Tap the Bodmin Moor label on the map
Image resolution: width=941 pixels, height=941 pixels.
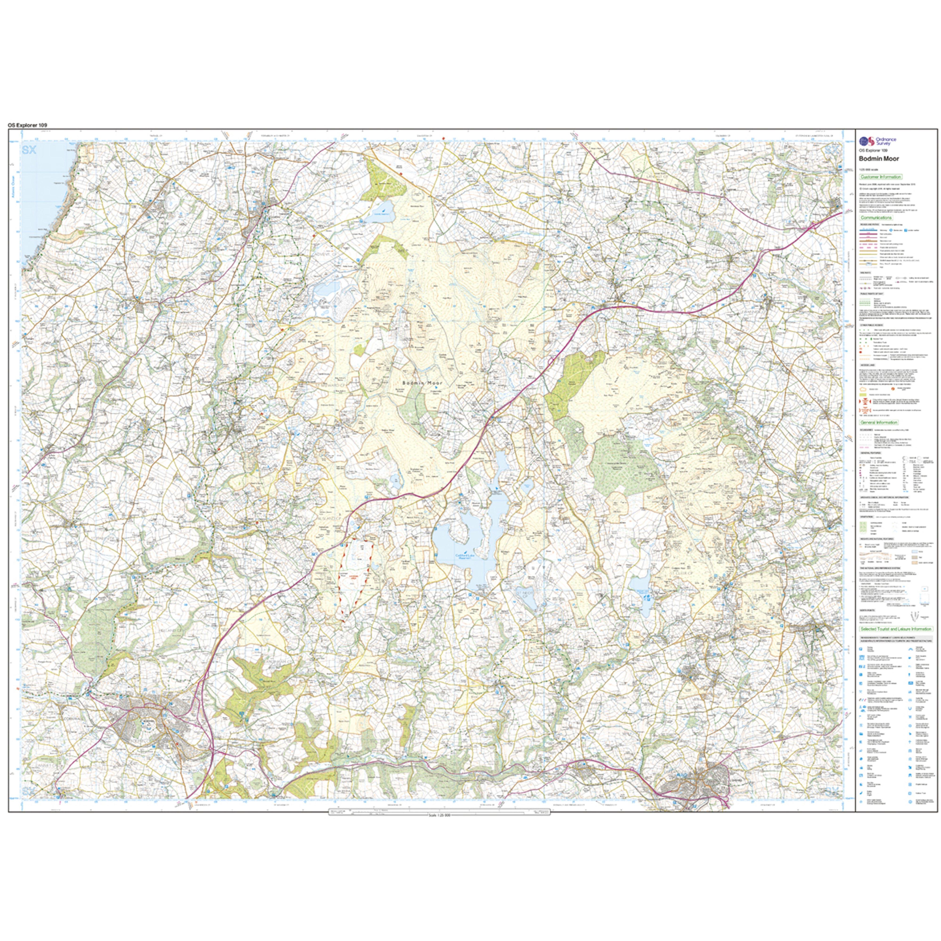423,383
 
